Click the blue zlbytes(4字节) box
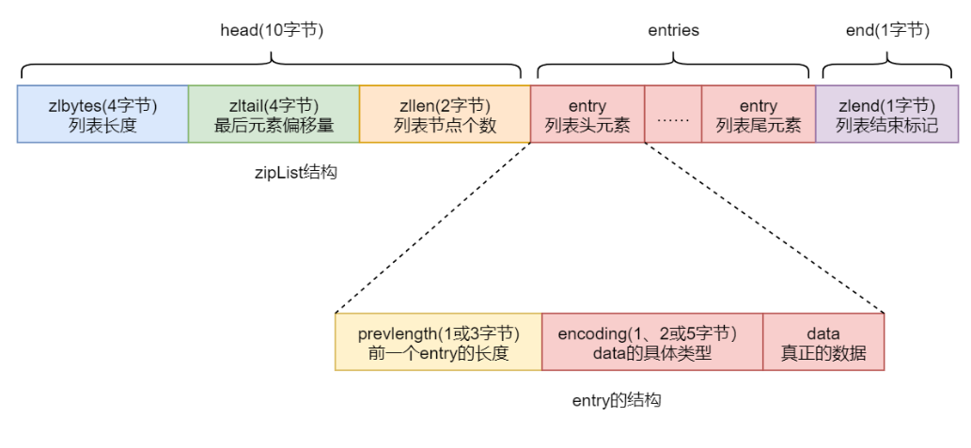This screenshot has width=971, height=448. point(102,115)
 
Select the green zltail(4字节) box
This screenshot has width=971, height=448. point(274,115)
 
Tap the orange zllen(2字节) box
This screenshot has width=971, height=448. point(445,115)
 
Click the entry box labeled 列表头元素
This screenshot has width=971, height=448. point(587,115)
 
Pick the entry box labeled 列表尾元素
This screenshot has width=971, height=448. point(759,115)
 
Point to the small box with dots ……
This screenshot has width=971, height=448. point(673,115)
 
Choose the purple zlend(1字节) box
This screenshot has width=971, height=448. point(886,115)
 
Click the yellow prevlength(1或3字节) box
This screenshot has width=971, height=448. point(438,343)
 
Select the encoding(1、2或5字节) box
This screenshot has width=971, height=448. point(651,343)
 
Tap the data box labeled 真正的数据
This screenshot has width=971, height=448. point(823,343)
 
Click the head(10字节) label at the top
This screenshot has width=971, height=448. point(271,30)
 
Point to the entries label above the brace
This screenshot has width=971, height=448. point(673,30)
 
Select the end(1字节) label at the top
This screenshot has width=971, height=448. point(887,30)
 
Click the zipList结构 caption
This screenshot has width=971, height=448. point(295,172)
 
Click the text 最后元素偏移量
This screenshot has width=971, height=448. point(274,125)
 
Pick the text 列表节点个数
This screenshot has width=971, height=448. point(445,125)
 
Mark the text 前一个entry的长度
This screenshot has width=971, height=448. point(438,353)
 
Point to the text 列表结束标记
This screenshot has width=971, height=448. point(886,125)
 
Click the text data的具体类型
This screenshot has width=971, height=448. point(651,353)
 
